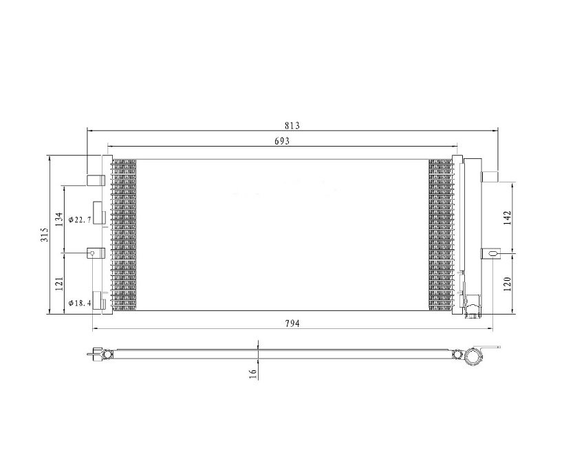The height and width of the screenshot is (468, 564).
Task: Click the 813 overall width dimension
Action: [292, 126]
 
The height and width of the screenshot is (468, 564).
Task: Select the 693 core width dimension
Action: [282, 141]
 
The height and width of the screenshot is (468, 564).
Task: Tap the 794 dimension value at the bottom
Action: [292, 323]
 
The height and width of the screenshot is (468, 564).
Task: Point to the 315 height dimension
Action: [45, 235]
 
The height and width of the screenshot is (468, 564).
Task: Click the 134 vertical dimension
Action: [61, 219]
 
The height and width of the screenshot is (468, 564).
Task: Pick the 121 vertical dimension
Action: [60, 284]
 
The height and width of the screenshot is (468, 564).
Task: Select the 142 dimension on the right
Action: [507, 217]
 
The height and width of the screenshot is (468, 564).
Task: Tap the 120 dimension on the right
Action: [507, 284]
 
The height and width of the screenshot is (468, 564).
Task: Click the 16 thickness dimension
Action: [253, 374]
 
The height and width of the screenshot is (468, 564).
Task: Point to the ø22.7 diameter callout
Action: [80, 220]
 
